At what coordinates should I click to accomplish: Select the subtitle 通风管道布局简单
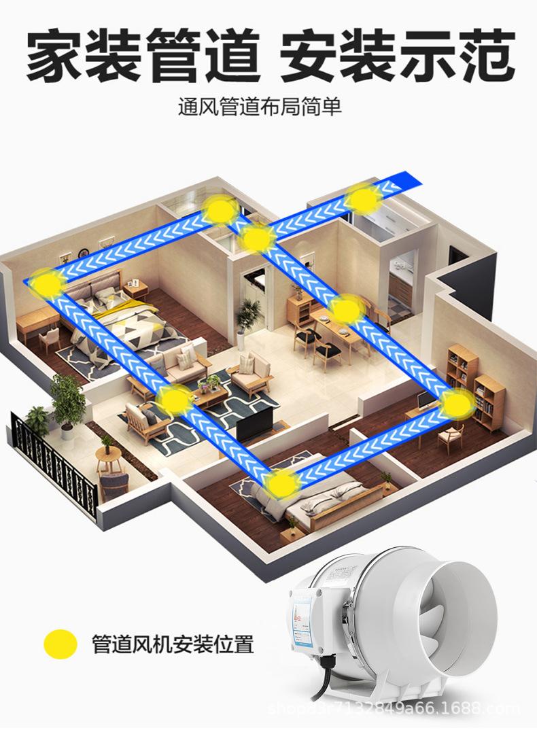(x=260, y=107)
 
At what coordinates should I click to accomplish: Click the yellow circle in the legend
(x=60, y=643)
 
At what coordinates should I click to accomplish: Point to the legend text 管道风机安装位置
(x=173, y=644)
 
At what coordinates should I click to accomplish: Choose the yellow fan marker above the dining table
(x=347, y=310)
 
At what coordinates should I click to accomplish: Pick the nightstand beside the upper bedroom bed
(x=135, y=292)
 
